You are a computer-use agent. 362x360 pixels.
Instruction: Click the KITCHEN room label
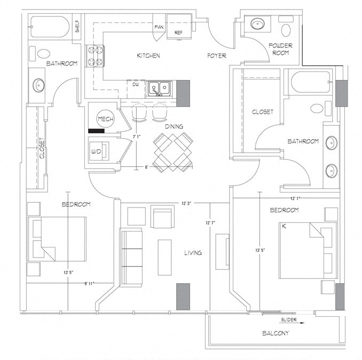[148, 56]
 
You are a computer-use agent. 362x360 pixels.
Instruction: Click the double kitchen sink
[159, 88]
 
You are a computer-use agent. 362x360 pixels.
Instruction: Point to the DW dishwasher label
[136, 84]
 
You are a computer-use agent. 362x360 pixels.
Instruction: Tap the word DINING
[174, 127]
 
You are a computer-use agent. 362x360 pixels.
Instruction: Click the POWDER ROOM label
[280, 50]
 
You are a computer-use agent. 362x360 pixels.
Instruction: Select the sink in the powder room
[258, 23]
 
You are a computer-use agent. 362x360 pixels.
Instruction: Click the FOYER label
[217, 56]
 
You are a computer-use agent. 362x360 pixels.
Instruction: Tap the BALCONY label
[276, 334]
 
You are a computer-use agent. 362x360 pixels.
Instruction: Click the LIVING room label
[193, 253]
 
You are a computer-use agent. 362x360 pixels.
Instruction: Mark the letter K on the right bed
[284, 227]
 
